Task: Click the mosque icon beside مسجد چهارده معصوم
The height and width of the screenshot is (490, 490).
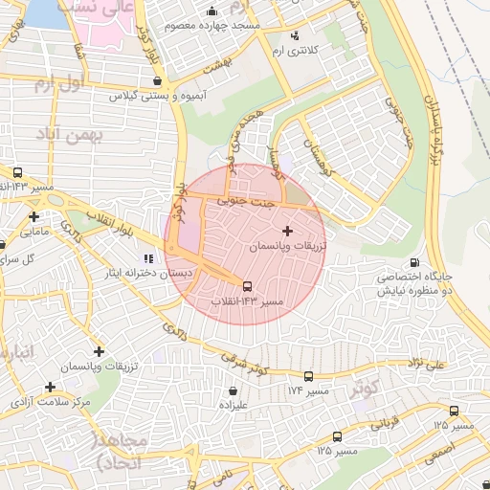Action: [212, 11]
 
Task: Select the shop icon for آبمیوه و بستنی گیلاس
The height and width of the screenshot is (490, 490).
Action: [156, 81]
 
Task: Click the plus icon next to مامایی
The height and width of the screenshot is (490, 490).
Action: [34, 216]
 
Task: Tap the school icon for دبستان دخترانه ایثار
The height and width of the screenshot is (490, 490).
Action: [147, 258]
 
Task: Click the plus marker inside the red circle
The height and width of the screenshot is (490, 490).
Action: [288, 231]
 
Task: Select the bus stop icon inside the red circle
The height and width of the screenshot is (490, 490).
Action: [247, 286]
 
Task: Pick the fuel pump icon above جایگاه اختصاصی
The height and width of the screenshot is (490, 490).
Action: [413, 262]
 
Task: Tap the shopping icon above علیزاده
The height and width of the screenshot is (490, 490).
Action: [234, 390]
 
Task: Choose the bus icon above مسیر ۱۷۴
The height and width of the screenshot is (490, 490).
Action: [308, 376]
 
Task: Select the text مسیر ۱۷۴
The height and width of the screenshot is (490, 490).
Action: [307, 391]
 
